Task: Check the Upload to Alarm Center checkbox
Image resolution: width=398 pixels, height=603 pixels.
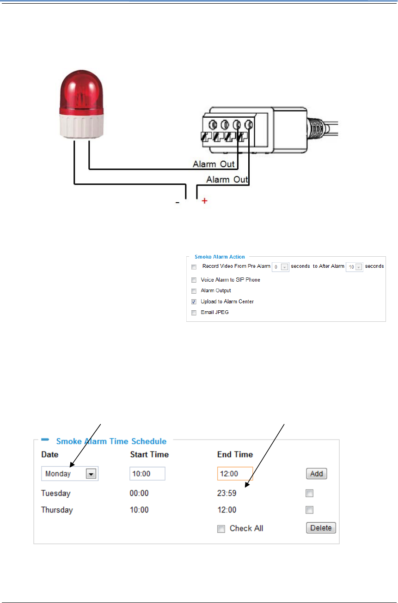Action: (x=194, y=301)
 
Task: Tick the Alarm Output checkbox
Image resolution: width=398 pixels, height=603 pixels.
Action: (x=194, y=291)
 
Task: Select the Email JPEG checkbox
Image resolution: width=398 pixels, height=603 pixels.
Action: (x=194, y=313)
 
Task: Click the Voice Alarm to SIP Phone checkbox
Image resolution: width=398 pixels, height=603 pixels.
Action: (x=194, y=280)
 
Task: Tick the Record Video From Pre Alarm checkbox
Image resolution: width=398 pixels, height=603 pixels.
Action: (x=194, y=267)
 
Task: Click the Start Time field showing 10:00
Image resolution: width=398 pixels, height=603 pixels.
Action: (x=147, y=474)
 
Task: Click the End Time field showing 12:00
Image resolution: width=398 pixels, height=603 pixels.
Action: (x=235, y=474)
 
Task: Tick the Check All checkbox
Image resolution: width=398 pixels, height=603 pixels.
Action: (x=221, y=529)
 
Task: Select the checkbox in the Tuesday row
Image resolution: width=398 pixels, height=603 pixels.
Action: (x=310, y=493)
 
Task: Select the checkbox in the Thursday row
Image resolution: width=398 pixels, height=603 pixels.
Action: (x=310, y=510)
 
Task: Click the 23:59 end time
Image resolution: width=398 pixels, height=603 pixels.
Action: (x=227, y=493)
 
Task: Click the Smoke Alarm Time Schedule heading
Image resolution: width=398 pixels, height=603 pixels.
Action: (x=111, y=441)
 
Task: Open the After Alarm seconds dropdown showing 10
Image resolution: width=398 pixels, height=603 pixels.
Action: (x=355, y=267)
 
